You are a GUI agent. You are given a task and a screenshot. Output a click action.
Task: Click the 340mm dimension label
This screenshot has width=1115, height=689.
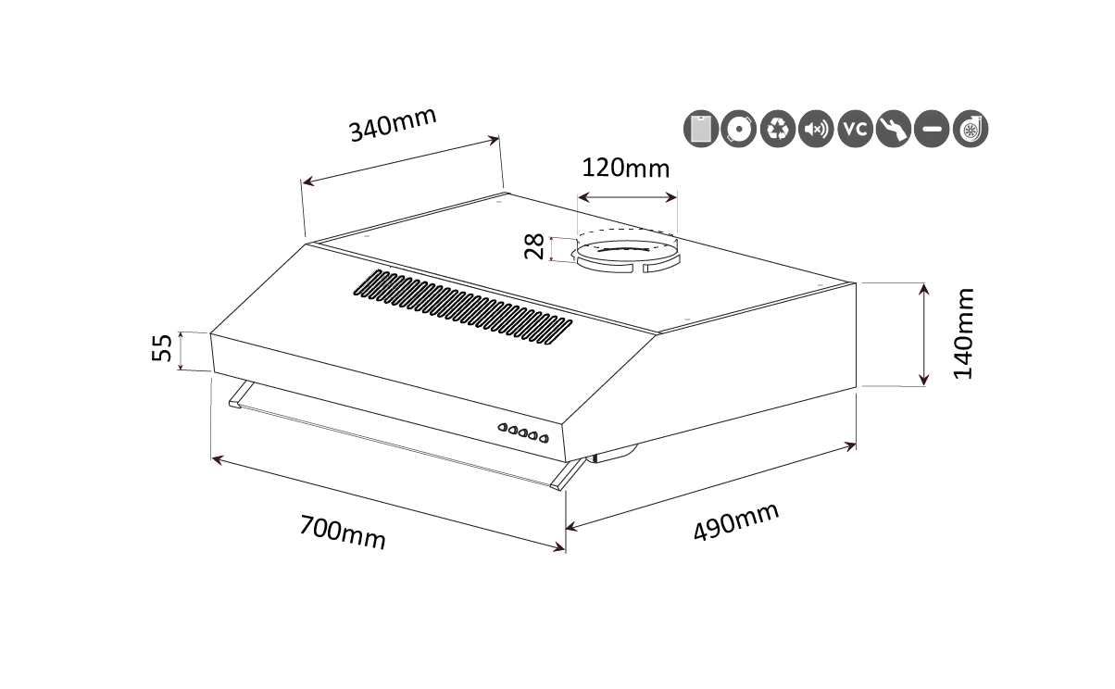(393, 124)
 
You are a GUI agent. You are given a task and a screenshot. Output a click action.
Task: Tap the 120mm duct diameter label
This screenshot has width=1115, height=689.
(626, 169)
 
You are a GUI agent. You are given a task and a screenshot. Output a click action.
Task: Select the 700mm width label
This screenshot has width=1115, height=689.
(343, 532)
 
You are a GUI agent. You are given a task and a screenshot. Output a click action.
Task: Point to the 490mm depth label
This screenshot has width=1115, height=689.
(735, 521)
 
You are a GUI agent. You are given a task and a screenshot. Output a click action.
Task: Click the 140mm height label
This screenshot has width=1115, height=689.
(963, 334)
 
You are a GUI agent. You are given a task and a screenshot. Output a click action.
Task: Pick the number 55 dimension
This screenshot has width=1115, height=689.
(162, 347)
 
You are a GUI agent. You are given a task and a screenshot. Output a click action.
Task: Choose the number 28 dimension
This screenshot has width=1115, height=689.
(534, 247)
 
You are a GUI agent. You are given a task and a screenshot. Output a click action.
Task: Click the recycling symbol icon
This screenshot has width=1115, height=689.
(778, 129)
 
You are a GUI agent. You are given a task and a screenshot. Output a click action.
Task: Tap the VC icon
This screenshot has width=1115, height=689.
(855, 129)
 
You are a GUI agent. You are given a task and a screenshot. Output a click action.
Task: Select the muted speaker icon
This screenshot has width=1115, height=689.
(817, 129)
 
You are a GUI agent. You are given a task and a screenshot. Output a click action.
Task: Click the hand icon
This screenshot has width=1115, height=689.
(894, 129)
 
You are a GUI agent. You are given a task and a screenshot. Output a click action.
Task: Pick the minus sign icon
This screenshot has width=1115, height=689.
(932, 129)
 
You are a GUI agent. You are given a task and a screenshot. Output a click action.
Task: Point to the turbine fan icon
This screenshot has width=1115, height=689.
(971, 129)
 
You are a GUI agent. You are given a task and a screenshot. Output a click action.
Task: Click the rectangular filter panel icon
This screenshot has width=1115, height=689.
(701, 129)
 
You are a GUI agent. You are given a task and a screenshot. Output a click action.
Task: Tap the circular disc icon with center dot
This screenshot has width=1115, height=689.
(739, 129)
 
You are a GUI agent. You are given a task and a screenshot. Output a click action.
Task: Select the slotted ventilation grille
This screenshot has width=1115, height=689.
(463, 307)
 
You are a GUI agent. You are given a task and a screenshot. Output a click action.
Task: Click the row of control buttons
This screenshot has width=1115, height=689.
(523, 433)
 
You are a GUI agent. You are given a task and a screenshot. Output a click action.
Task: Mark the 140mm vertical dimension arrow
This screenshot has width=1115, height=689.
(924, 334)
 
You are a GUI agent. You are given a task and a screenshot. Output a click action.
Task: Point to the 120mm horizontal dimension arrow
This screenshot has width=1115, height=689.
(627, 197)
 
